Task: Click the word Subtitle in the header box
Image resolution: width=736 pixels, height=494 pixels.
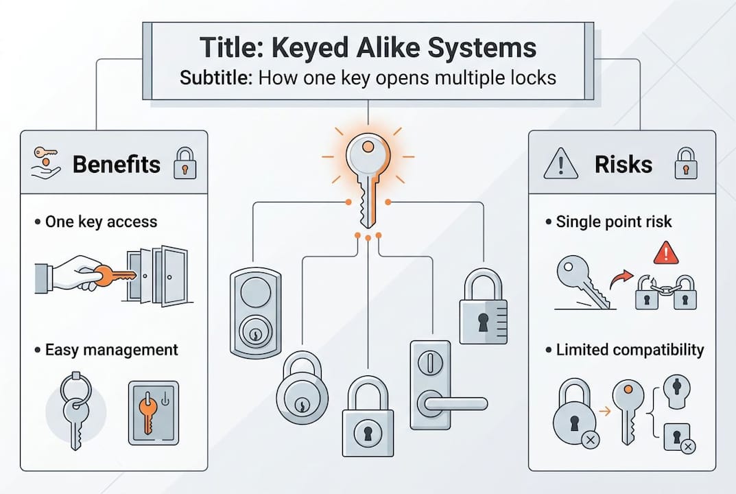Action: click(216, 77)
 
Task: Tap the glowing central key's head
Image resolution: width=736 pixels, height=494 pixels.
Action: click(368, 155)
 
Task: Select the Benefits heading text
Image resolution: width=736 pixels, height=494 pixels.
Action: click(116, 165)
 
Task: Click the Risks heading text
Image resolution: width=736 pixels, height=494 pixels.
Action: click(624, 165)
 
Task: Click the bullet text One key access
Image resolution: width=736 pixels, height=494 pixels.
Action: click(101, 222)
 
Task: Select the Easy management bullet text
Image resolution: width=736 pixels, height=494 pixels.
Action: click(110, 350)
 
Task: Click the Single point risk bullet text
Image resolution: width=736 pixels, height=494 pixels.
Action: click(613, 222)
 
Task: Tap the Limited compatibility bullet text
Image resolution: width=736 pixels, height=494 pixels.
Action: click(630, 350)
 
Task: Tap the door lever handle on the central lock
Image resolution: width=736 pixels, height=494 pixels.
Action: click(452, 403)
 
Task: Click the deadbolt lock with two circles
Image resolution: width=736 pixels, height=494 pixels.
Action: click(254, 312)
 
